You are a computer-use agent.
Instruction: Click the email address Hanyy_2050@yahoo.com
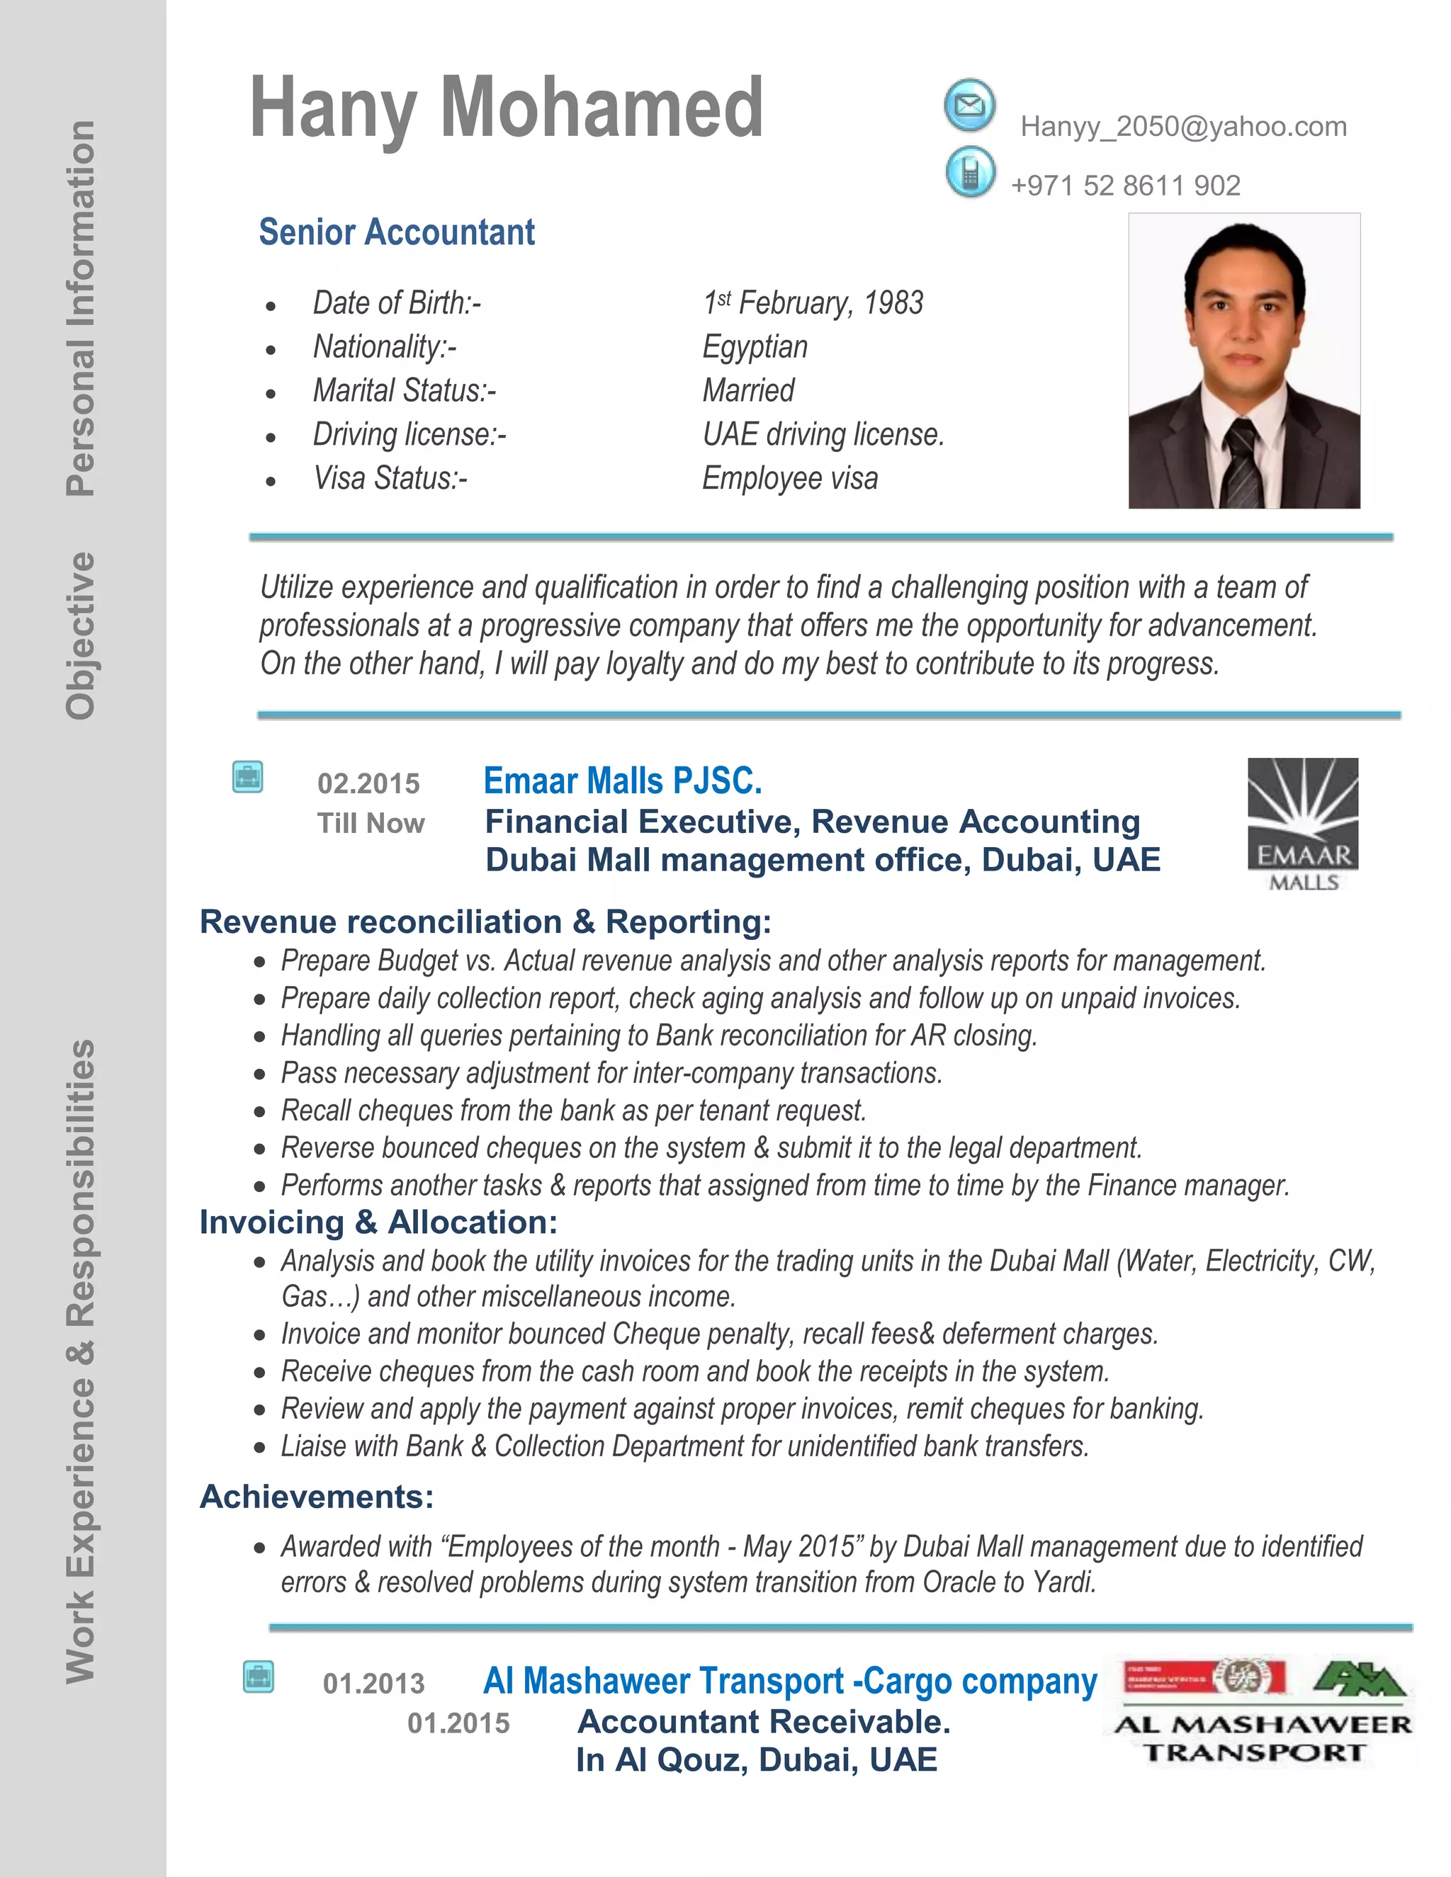pyautogui.click(x=1182, y=127)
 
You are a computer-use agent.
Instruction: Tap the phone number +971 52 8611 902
pyautogui.click(x=1125, y=186)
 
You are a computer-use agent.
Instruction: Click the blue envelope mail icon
pyautogui.click(x=970, y=106)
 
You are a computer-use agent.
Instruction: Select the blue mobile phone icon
pyautogui.click(x=970, y=173)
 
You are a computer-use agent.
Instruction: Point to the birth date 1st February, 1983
pyautogui.click(x=813, y=303)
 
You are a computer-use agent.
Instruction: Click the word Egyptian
pyautogui.click(x=755, y=347)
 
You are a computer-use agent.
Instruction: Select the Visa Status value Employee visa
pyautogui.click(x=789, y=479)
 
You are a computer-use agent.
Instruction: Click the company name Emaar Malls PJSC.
pyautogui.click(x=622, y=781)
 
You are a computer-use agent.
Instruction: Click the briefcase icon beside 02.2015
pyautogui.click(x=247, y=778)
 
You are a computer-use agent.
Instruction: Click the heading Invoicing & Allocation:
pyautogui.click(x=378, y=1222)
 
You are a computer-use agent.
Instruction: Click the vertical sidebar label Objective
pyautogui.click(x=81, y=636)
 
